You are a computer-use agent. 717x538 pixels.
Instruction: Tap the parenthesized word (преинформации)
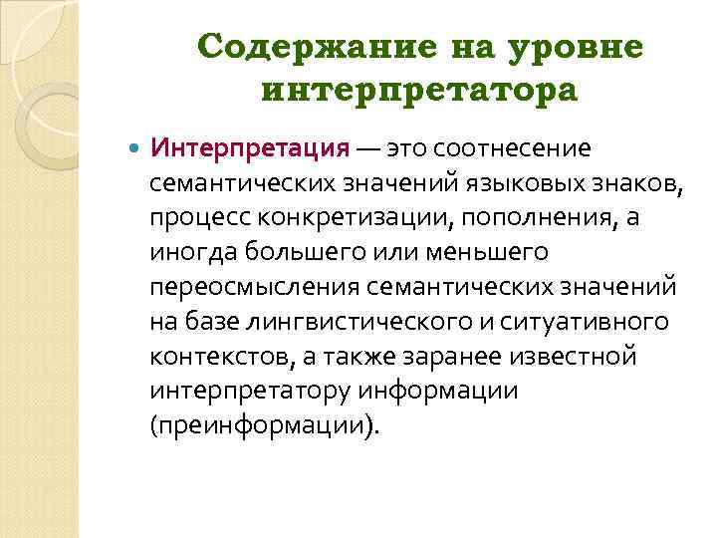[265, 426]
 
